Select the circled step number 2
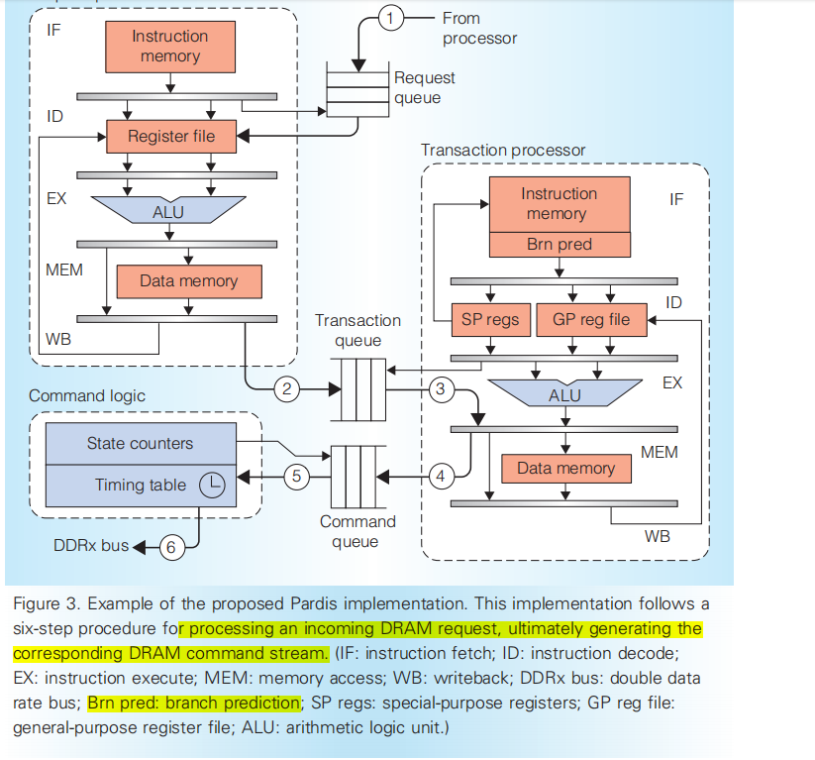pyautogui.click(x=287, y=388)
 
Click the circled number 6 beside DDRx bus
pyautogui.click(x=172, y=546)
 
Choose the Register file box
pyautogui.click(x=171, y=135)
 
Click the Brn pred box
pyautogui.click(x=560, y=244)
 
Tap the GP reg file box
pyautogui.click(x=590, y=319)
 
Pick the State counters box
pyautogui.click(x=140, y=443)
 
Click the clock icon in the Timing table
pyautogui.click(x=211, y=485)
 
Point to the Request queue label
pyautogui.click(x=425, y=87)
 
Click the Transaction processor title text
pyautogui.click(x=503, y=150)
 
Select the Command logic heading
pyautogui.click(x=87, y=395)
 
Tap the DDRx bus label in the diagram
pyautogui.click(x=91, y=546)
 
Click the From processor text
pyautogui.click(x=479, y=29)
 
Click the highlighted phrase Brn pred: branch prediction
pyautogui.click(x=193, y=703)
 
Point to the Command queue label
pyautogui.click(x=357, y=531)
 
